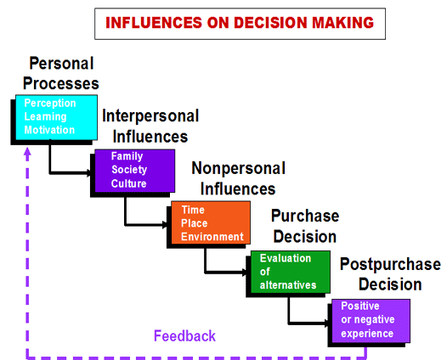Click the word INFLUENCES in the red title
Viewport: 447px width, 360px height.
pos(154,23)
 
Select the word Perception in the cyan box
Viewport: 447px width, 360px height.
pos(50,104)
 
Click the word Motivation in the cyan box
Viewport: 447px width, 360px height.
pos(49,130)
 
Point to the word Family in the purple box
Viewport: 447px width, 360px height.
pos(127,156)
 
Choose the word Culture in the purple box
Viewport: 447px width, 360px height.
pos(129,183)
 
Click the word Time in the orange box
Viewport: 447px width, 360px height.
pos(193,210)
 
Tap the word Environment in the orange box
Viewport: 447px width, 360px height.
pos(212,237)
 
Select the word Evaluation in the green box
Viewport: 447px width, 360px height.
pos(286,258)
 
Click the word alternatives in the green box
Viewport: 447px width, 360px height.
pos(288,284)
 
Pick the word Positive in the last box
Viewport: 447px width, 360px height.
pos(360,306)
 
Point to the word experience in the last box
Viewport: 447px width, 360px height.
pos(367,333)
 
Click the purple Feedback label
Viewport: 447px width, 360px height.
pos(184,335)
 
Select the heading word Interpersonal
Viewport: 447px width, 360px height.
pos(150,116)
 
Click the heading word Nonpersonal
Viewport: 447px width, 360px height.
pos(238,168)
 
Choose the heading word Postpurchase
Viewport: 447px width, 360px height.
pos(390,265)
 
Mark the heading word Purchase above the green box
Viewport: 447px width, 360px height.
pos(305,216)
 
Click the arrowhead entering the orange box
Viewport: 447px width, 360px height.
pos(165,225)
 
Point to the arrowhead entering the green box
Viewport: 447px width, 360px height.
pos(244,273)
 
